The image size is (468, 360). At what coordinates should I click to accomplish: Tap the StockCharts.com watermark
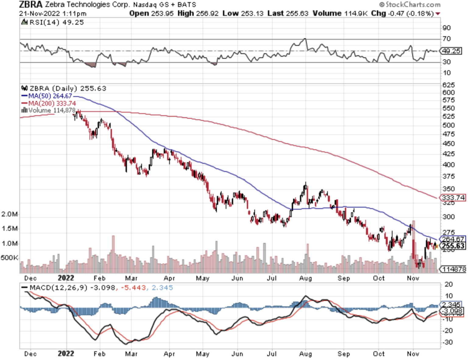(x=410, y=5)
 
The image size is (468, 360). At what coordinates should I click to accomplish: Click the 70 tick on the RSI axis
(x=447, y=39)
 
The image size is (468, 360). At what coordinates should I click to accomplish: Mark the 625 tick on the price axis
(x=448, y=85)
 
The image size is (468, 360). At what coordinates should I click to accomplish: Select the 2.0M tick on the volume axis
(x=9, y=214)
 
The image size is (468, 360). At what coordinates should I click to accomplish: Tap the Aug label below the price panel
(x=305, y=278)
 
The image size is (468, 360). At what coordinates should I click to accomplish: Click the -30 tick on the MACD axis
(x=448, y=342)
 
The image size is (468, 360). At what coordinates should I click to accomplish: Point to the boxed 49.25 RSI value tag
(x=452, y=51)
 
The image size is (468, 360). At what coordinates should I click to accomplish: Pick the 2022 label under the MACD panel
(x=66, y=354)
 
